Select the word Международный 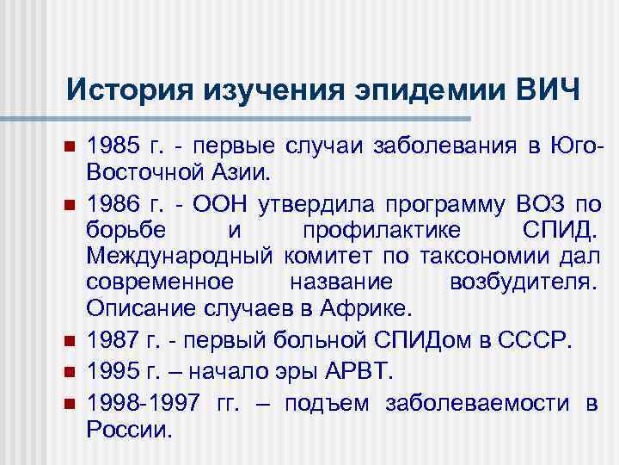coord(180,256)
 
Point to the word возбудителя coord(528,282)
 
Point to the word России coord(129,429)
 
